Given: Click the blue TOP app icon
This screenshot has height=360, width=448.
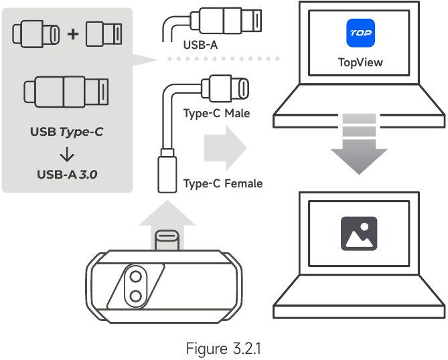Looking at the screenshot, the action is pyautogui.click(x=360, y=33).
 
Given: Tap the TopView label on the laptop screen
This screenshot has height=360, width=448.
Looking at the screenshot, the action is pyautogui.click(x=360, y=62).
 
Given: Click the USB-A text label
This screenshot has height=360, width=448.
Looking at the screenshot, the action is pyautogui.click(x=200, y=45).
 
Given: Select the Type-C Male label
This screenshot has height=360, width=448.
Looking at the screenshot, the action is pyautogui.click(x=216, y=113).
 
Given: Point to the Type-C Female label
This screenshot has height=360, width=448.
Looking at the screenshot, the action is pyautogui.click(x=223, y=183).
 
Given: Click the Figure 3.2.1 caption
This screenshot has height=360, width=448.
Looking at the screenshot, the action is pyautogui.click(x=224, y=349).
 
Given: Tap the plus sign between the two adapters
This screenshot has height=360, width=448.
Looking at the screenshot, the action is pyautogui.click(x=73, y=34).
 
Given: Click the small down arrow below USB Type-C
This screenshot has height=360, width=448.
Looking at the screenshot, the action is pyautogui.click(x=67, y=155).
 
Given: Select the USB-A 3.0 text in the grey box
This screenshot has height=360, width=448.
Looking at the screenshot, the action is pyautogui.click(x=67, y=175).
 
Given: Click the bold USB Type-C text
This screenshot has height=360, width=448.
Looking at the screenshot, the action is pyautogui.click(x=66, y=132).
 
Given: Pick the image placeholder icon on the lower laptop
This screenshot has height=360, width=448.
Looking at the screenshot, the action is pyautogui.click(x=359, y=234).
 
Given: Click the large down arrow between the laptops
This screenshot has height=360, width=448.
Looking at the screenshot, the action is pyautogui.click(x=359, y=144).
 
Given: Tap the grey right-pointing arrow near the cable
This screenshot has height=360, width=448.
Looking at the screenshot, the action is pyautogui.click(x=226, y=148).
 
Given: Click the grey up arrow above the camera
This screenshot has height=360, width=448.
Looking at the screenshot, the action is pyautogui.click(x=167, y=225).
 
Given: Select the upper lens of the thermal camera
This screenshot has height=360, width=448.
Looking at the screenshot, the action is pyautogui.click(x=135, y=276).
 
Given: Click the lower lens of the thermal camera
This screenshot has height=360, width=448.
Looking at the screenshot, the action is pyautogui.click(x=135, y=296).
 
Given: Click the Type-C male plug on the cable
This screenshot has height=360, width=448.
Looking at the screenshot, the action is pyautogui.click(x=225, y=88).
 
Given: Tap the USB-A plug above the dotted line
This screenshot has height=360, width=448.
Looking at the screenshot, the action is pyautogui.click(x=226, y=21).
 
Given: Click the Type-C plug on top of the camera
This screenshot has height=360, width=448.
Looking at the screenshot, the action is pyautogui.click(x=167, y=240).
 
